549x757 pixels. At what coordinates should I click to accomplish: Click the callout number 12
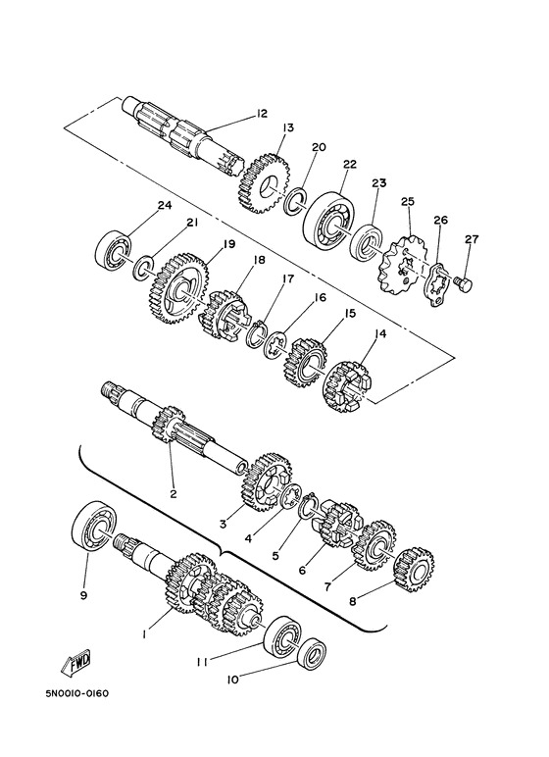click(261, 114)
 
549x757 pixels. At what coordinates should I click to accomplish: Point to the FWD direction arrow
click(76, 667)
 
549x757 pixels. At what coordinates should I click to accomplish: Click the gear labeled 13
click(262, 179)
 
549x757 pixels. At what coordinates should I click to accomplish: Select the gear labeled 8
click(414, 570)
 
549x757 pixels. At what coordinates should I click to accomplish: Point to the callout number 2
click(174, 493)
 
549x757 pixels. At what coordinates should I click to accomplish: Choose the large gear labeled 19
click(178, 286)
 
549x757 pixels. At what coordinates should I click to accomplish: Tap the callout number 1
click(144, 634)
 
